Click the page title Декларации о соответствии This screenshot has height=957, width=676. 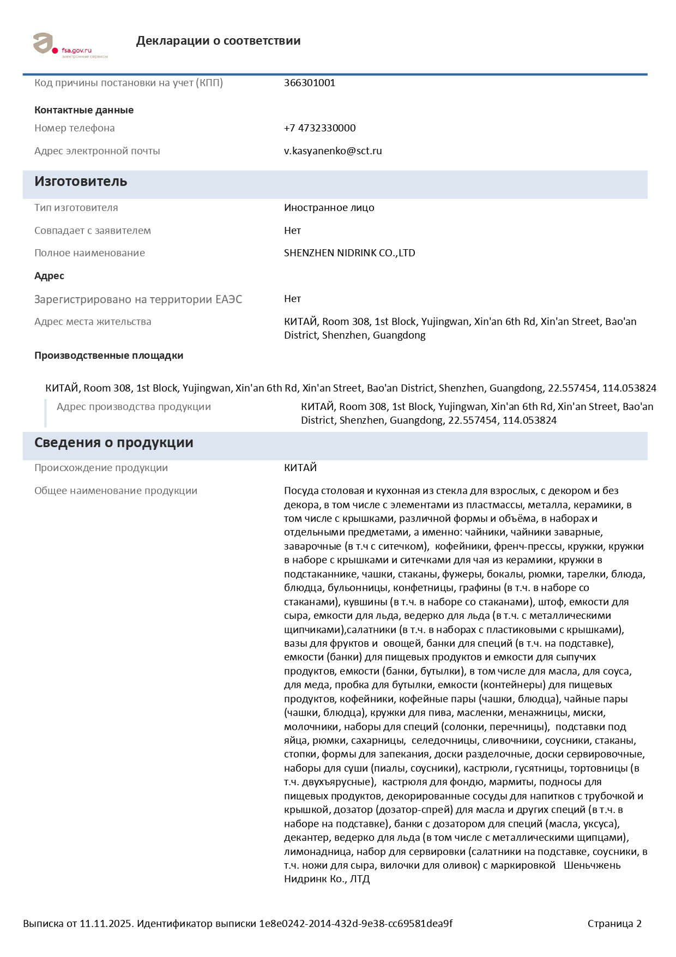(218, 41)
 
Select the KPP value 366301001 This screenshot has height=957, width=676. (310, 83)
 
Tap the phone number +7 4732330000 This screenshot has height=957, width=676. (319, 128)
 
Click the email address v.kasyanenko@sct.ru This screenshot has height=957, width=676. (333, 151)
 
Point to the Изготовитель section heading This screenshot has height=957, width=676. (81, 182)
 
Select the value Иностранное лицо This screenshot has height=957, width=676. (329, 208)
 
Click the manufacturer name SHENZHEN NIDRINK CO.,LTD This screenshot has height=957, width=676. (349, 253)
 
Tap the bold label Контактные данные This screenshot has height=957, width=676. (84, 110)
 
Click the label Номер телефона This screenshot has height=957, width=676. (75, 128)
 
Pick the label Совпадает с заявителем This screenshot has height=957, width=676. (93, 231)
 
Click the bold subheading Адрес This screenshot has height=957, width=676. (49, 276)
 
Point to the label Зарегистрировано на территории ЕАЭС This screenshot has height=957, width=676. (138, 299)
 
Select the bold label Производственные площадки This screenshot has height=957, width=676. (108, 356)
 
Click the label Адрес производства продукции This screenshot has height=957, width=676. (134, 407)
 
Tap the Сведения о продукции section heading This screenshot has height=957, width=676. (113, 443)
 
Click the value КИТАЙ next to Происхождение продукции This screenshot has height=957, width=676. (300, 468)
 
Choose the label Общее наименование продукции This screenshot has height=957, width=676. (116, 491)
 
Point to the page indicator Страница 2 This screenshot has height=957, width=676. (614, 924)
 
